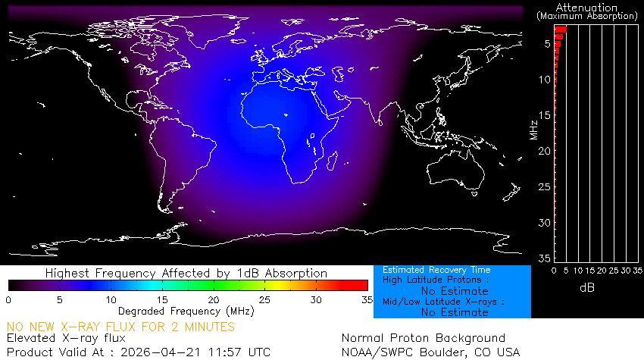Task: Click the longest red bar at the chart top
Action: pos(561,30)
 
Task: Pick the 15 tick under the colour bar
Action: pos(162,300)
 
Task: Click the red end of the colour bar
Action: pos(362,285)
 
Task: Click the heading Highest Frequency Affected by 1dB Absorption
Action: pos(186,273)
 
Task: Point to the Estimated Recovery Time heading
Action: pos(436,270)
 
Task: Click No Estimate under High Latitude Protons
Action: pos(455,291)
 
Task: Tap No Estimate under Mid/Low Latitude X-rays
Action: pos(455,311)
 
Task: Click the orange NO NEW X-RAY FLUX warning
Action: pos(121,327)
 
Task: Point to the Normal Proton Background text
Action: pos(424,338)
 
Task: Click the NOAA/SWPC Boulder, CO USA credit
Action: pos(431,352)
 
